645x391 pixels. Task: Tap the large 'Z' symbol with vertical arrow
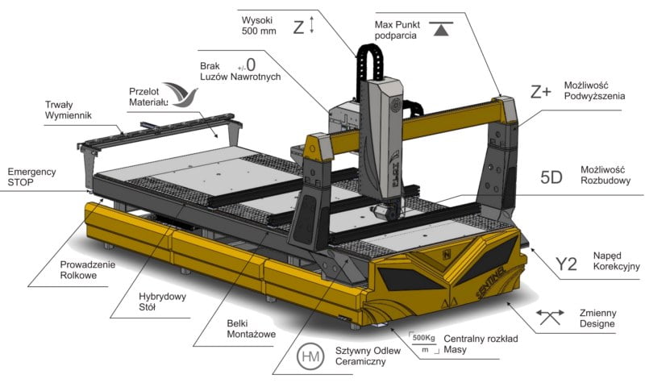pyautogui.click(x=303, y=27)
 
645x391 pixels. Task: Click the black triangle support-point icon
pyautogui.click(x=439, y=30)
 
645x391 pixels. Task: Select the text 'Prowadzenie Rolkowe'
pyautogui.click(x=88, y=270)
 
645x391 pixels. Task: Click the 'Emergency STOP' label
pyautogui.click(x=31, y=178)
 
